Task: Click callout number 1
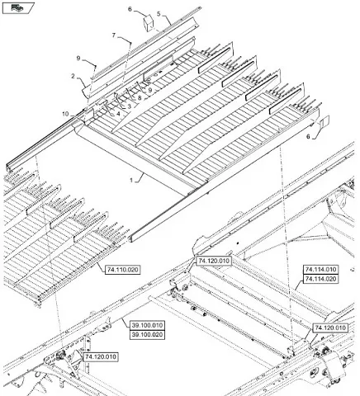coord(131,181)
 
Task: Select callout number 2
coord(73,76)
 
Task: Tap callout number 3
coord(129,106)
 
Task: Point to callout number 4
coord(118,113)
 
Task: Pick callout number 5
coord(159,13)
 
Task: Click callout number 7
coord(114,35)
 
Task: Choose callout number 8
coord(140,97)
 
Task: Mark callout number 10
coord(65,114)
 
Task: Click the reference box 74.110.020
coord(123,270)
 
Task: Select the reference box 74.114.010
coord(320,269)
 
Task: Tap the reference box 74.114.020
coord(320,279)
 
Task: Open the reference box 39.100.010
coord(148,325)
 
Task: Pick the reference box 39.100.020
coord(148,335)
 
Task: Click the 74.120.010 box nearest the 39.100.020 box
coord(101,357)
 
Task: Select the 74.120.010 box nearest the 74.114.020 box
coord(330,328)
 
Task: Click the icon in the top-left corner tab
coord(17,8)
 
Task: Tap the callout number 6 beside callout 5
coord(130,9)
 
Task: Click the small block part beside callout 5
coord(149,22)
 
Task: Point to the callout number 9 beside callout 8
coord(150,90)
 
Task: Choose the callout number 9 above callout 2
coord(78,58)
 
